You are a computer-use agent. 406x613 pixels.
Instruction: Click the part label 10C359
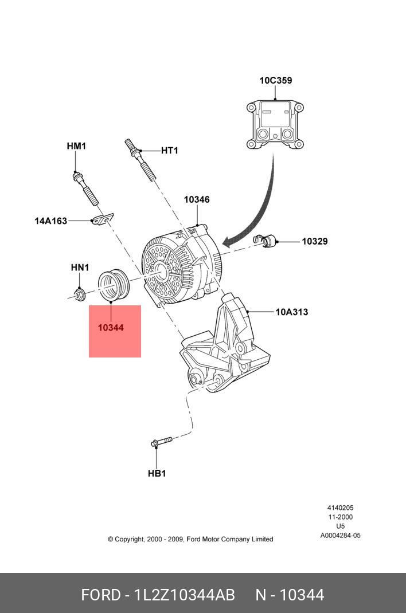pos(275,81)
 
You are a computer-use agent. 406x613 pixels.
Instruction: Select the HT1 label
pos(169,151)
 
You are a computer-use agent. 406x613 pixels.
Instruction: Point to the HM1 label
pos(76,147)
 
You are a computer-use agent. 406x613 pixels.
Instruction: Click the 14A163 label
pos(50,221)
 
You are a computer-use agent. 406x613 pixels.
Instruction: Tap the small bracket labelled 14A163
pos(103,219)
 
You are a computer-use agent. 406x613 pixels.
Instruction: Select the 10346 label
pos(197,200)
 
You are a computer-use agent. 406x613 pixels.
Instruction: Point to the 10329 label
pos(315,242)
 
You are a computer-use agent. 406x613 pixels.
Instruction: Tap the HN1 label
pos(80,268)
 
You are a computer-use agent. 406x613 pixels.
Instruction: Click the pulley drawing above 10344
pos(115,285)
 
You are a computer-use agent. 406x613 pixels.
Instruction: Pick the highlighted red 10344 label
pos(111,328)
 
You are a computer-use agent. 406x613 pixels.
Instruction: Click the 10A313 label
pos(291,312)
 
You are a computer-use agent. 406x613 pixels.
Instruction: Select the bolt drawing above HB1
pos(161,442)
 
